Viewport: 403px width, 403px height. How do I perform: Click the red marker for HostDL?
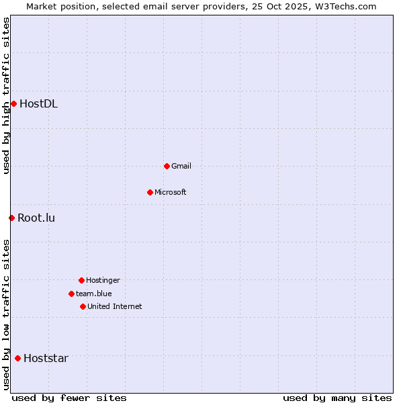13,103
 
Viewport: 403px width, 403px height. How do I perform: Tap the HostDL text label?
38,103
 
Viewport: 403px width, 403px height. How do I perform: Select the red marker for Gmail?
167,166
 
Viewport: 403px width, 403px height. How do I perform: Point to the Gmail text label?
181,166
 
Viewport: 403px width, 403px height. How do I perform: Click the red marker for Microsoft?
150,192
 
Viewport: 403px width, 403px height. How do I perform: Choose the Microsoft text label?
171,192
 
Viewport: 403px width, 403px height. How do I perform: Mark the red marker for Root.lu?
11,218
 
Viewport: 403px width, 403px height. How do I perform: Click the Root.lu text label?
36,218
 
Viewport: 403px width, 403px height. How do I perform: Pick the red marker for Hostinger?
81,280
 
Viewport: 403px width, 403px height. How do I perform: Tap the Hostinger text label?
103,280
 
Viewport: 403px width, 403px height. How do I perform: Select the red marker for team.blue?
71,294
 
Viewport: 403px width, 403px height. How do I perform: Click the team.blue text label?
94,294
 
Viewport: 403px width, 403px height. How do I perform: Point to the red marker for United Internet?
83,306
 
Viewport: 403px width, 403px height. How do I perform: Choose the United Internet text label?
115,306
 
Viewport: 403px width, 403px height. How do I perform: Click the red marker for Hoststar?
17,358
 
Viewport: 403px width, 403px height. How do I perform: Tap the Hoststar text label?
46,358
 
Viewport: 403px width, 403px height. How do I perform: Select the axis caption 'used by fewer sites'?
69,398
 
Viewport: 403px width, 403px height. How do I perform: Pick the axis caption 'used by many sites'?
337,398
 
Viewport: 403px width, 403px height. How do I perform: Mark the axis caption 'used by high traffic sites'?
6,96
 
